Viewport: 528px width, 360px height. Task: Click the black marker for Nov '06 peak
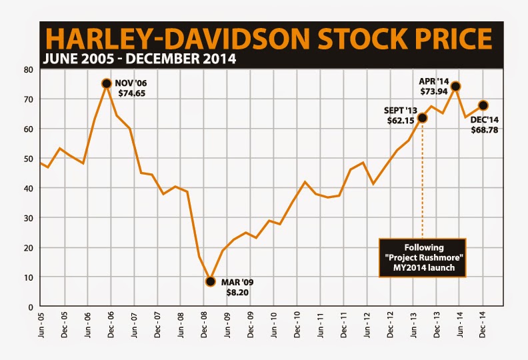click(x=106, y=83)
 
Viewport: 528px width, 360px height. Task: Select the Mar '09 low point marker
click(x=211, y=281)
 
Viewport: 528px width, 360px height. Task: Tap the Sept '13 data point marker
click(x=422, y=118)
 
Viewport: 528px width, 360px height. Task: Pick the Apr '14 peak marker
click(x=456, y=86)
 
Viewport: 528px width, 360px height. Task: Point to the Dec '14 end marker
click(x=483, y=105)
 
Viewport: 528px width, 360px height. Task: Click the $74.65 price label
click(x=130, y=94)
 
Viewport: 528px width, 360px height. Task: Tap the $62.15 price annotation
click(x=399, y=121)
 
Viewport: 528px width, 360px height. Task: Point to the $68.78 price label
click(x=485, y=130)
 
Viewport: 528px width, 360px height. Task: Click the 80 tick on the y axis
click(x=29, y=69)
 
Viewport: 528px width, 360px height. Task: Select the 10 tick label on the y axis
click(x=29, y=277)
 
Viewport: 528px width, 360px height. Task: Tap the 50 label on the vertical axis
click(x=29, y=159)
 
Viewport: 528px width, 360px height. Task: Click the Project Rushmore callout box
click(x=423, y=257)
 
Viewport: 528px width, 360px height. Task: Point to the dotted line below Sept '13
click(x=422, y=180)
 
